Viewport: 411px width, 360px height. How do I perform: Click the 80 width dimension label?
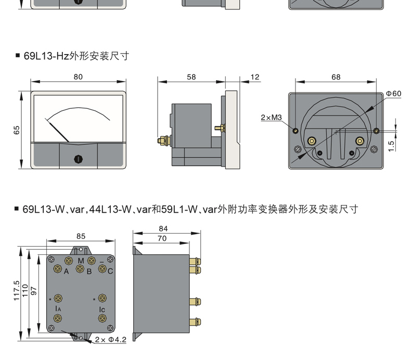[78, 77]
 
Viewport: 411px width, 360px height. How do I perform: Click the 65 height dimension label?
[17, 130]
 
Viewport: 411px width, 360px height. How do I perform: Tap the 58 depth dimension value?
[191, 77]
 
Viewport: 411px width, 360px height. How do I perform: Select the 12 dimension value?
[255, 77]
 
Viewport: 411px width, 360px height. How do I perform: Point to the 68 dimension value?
[336, 77]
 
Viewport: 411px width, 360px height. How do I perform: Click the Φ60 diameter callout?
[393, 94]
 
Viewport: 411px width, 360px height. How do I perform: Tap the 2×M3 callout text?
[271, 118]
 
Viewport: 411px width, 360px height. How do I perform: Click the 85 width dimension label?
[81, 236]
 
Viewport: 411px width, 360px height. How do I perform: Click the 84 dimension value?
[163, 228]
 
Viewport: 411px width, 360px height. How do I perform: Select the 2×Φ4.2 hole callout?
[111, 340]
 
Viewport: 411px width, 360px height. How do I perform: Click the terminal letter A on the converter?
[66, 271]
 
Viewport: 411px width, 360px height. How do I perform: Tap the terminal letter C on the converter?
[110, 271]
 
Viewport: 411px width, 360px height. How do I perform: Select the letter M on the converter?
[81, 261]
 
